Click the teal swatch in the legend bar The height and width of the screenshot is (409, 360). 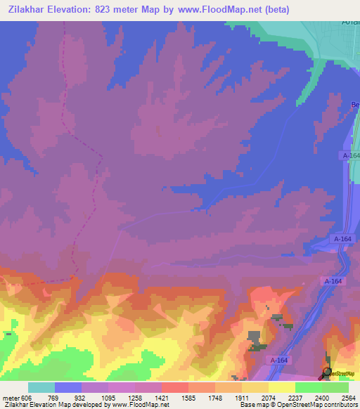click(41, 387)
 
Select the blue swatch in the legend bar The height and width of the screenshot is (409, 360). click(68, 387)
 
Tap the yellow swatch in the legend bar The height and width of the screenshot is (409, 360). click(282, 387)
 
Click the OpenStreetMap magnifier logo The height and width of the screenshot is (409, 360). click(327, 372)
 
